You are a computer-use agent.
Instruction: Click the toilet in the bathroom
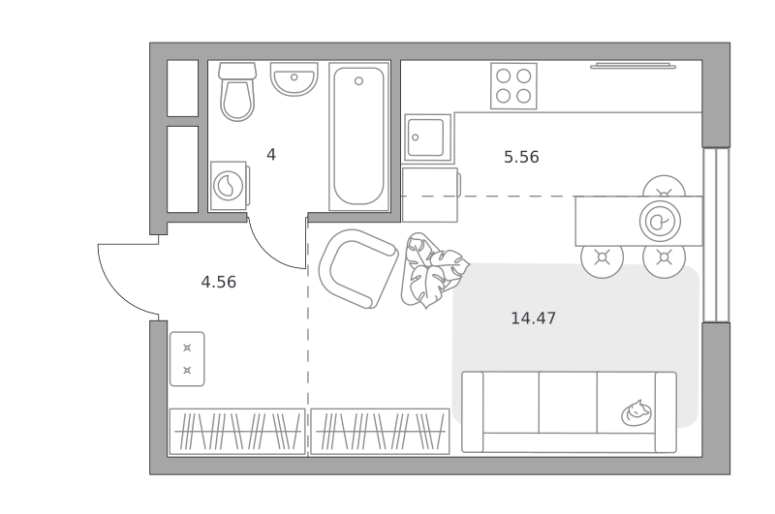coord(237,91)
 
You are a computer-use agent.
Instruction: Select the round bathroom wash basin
coord(294,79)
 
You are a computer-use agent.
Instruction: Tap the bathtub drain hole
coord(358,81)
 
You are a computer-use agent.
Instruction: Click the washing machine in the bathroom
coord(230,186)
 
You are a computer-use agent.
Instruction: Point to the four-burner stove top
coord(513,86)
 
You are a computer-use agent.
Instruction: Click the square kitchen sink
coord(428,138)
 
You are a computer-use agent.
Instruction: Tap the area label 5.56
coord(521,157)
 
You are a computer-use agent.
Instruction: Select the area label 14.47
coord(533,317)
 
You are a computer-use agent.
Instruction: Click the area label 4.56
coord(219,282)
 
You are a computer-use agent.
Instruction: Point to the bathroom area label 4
coord(271,155)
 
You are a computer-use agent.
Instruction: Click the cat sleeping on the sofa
coord(636,413)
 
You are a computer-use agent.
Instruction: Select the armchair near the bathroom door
coord(358,268)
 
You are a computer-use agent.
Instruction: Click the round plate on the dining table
coord(660,222)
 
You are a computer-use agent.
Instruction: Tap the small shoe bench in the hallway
coord(187,359)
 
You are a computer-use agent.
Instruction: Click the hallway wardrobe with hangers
coord(237,431)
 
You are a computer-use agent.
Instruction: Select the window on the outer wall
coord(716,234)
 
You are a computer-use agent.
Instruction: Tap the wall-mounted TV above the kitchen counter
coord(634,66)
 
